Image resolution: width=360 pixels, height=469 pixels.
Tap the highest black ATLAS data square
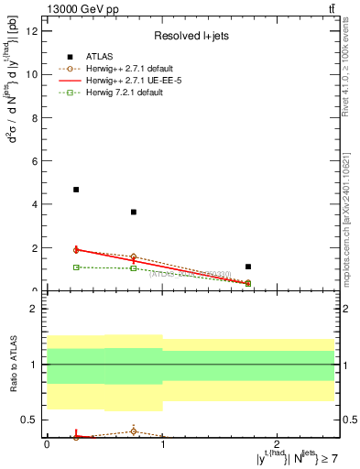[x=76, y=190]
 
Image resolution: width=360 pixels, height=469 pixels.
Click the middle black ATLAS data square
[x=134, y=212]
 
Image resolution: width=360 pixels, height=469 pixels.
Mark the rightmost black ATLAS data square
[x=248, y=267]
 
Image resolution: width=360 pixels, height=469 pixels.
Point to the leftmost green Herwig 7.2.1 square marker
[x=76, y=267]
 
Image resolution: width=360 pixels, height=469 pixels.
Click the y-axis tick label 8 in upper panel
[x=35, y=117]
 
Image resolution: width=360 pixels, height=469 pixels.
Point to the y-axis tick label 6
[x=35, y=161]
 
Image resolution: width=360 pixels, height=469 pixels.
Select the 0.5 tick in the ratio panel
[x=30, y=420]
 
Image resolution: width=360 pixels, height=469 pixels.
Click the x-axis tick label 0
[x=47, y=444]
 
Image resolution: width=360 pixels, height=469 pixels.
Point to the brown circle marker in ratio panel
[x=134, y=431]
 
